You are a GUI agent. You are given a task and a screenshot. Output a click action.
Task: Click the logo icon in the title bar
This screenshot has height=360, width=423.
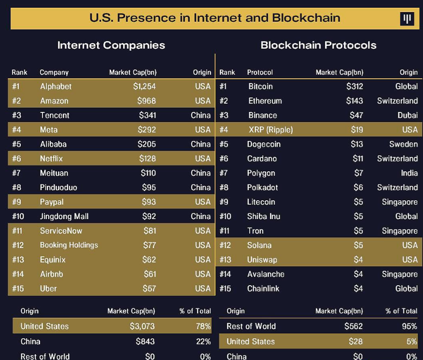click(x=408, y=19)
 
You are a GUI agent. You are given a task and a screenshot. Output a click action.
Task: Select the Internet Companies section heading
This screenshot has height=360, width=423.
click(x=111, y=45)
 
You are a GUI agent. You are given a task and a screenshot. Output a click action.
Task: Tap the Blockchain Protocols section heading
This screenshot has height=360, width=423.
click(x=318, y=45)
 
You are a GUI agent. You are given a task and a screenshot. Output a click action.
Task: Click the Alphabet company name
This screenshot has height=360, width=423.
click(x=56, y=86)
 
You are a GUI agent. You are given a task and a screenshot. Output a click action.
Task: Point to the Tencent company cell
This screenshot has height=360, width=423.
click(x=55, y=115)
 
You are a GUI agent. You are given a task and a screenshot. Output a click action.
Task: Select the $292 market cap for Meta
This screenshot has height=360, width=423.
click(x=147, y=130)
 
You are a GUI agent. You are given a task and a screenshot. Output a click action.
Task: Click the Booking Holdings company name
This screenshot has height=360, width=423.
click(x=69, y=245)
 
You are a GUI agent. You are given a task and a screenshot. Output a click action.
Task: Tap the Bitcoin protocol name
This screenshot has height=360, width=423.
click(x=260, y=86)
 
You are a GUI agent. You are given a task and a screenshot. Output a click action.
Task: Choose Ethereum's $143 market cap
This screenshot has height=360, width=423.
click(x=354, y=101)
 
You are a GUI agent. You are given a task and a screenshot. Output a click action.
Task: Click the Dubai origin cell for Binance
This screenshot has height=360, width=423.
click(x=407, y=115)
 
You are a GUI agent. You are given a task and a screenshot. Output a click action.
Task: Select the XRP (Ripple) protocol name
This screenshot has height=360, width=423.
click(x=270, y=130)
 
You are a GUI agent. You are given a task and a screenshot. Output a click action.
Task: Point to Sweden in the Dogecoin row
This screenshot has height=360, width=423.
click(x=404, y=144)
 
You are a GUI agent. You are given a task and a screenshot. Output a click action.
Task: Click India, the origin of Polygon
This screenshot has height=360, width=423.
click(x=409, y=173)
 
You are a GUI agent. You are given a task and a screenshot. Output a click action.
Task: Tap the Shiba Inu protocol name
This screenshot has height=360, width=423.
click(x=264, y=216)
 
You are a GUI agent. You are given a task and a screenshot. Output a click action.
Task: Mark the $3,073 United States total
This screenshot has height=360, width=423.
click(x=142, y=326)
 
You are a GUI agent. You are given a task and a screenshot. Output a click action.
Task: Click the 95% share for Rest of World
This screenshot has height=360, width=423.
click(x=409, y=326)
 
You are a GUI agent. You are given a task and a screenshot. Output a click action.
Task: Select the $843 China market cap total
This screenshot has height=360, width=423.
click(x=145, y=341)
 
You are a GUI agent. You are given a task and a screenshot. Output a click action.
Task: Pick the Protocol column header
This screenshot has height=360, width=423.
click(x=260, y=72)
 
